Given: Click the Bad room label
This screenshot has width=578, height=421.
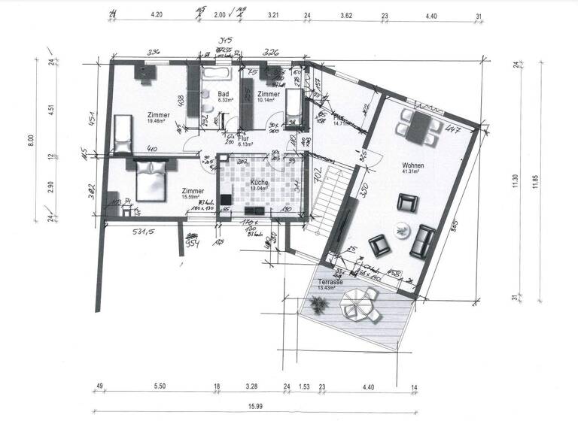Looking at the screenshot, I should pyautogui.click(x=224, y=93).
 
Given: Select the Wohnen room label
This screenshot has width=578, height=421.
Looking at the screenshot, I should pyautogui.click(x=413, y=165).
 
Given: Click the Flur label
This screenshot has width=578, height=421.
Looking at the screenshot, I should pyautogui.click(x=243, y=139).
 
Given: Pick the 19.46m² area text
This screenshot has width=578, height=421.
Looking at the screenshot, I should pyautogui.click(x=159, y=121).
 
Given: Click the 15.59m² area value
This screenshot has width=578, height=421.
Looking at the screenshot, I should pyautogui.click(x=192, y=198).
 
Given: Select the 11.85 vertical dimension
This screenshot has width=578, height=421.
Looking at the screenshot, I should pyautogui.click(x=536, y=183).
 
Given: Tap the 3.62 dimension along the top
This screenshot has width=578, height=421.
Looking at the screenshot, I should pyautogui.click(x=346, y=14).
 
